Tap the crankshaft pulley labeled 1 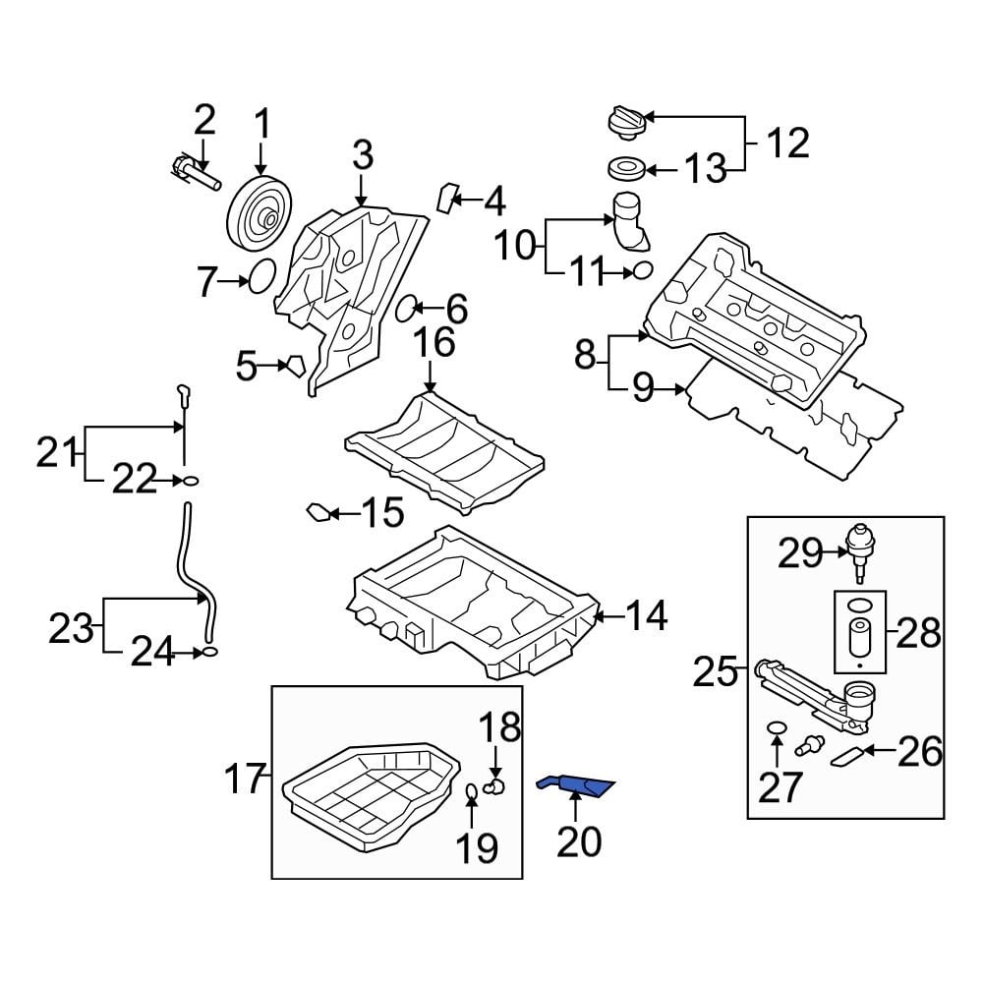point(259,213)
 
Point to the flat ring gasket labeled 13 point(623,169)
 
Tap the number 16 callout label point(433,343)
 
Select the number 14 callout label point(647,616)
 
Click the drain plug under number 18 point(497,784)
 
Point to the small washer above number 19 point(472,792)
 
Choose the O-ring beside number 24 point(208,651)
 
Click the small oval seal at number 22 point(190,480)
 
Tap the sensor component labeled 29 point(859,547)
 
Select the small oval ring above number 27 point(777,728)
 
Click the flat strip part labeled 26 point(851,755)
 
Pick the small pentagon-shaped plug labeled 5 point(294,368)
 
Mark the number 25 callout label point(715,673)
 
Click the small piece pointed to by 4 point(448,197)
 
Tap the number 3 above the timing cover point(363,154)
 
